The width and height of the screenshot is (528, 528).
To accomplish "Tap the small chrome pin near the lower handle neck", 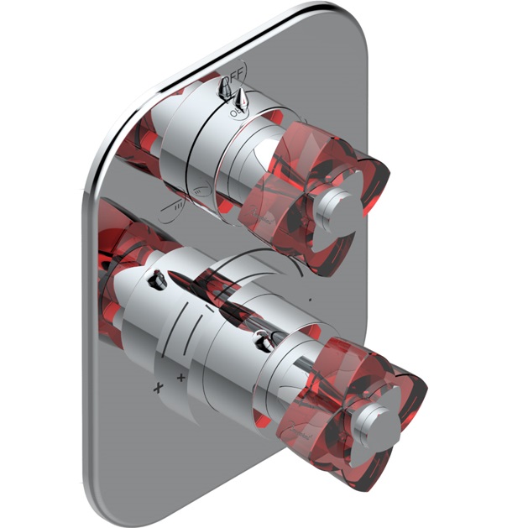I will pyautogui.click(x=266, y=340).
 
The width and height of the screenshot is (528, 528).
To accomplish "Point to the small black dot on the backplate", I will pyautogui.click(x=311, y=300).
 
